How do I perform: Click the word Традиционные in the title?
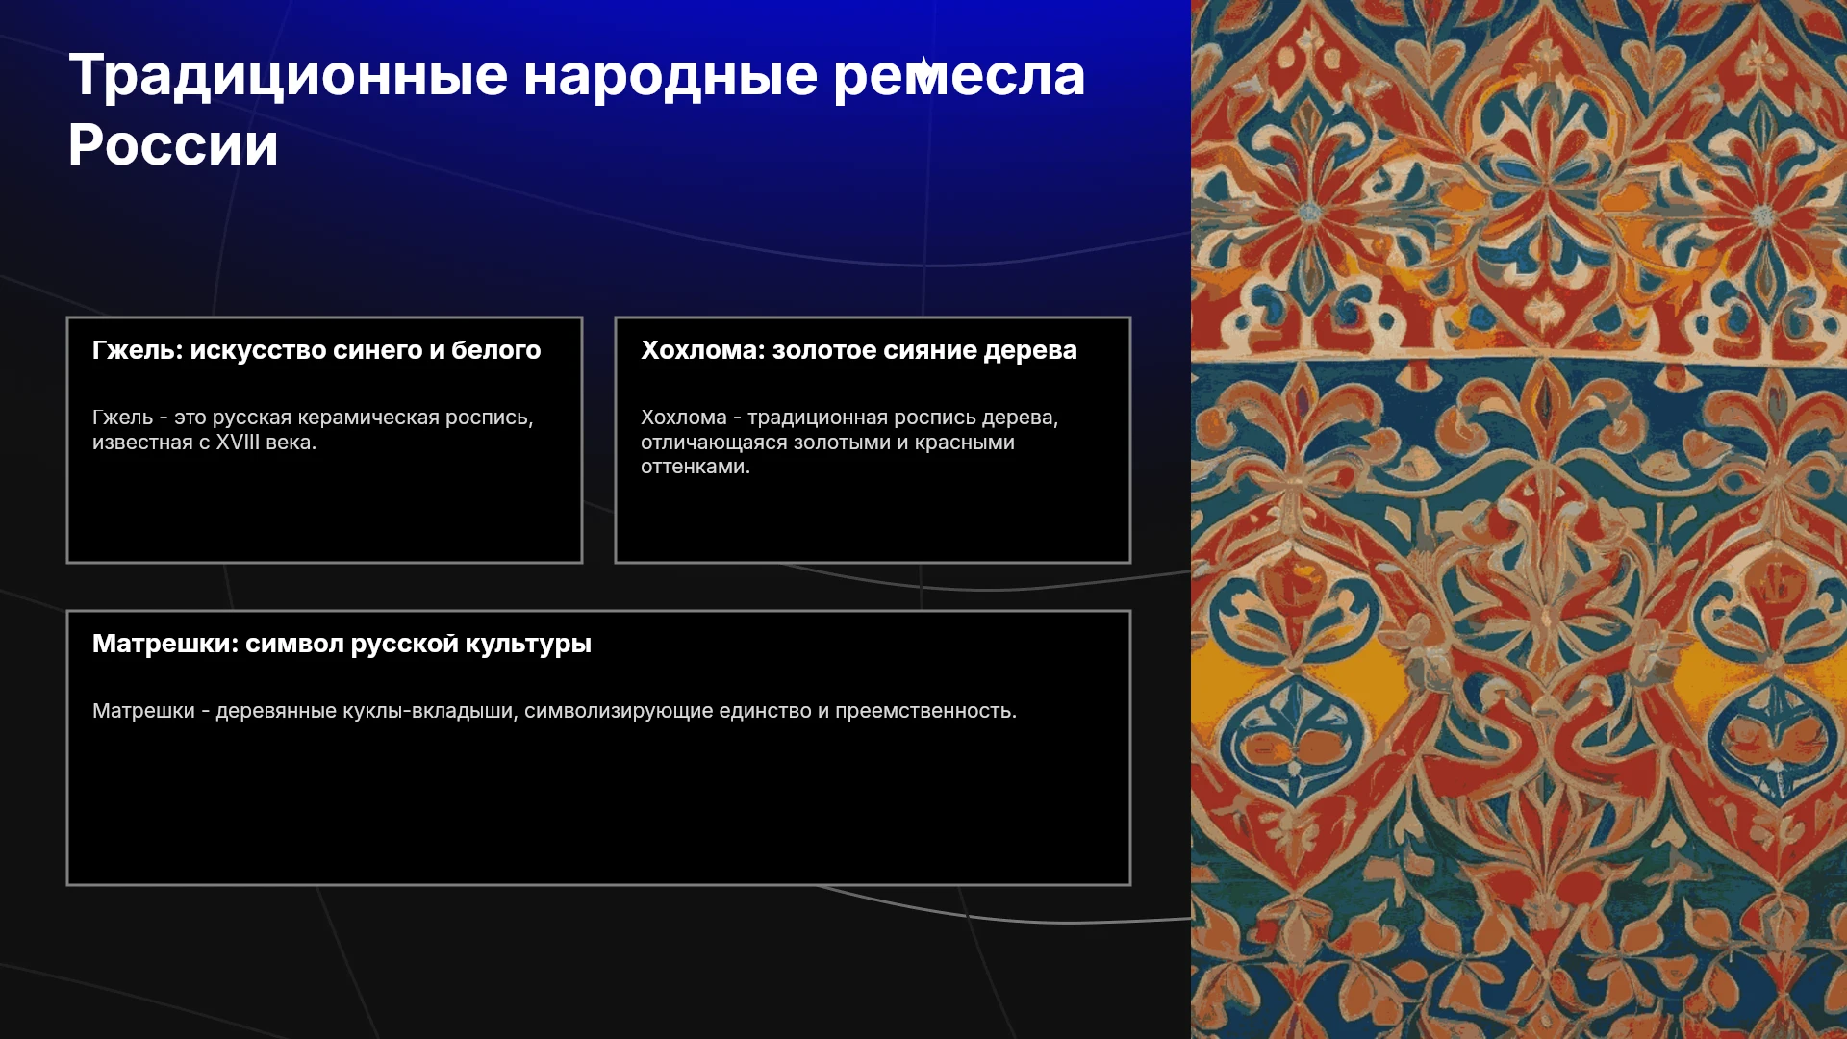coord(288,75)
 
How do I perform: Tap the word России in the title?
coord(173,145)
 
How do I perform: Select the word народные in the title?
coord(670,75)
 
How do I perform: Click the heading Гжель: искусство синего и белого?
coord(316,350)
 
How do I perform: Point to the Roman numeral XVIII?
coord(238,443)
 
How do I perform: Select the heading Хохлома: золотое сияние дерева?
coord(859,350)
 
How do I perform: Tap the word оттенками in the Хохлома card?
coord(696,467)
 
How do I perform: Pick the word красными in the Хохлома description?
coord(965,443)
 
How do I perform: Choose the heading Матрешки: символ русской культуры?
coord(342,644)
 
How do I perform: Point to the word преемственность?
coord(925,711)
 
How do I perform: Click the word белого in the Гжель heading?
coord(496,350)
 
